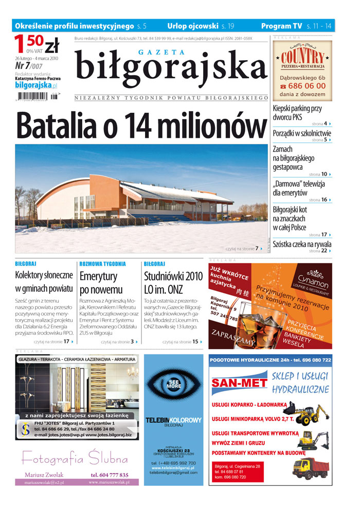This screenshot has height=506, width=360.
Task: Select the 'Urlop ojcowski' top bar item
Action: coord(193,25)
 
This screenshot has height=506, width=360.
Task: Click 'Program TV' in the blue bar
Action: coord(281,25)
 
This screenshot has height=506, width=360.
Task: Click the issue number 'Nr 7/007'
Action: coord(28,66)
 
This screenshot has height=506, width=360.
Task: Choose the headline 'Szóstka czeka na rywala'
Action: coord(302,244)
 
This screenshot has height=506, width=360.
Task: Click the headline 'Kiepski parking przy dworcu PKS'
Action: coord(297,113)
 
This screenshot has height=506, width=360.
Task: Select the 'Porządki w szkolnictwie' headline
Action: coord(302,133)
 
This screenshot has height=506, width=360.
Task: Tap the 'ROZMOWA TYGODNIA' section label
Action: coord(102,264)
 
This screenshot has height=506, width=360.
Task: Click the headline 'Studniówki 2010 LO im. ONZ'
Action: coord(173,282)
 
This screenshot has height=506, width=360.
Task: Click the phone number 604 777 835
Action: coord(110,475)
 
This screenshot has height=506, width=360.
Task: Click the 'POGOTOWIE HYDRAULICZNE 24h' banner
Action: coord(270,360)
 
